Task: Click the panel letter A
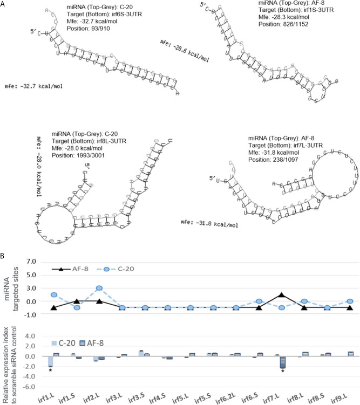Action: tap(4, 4)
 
